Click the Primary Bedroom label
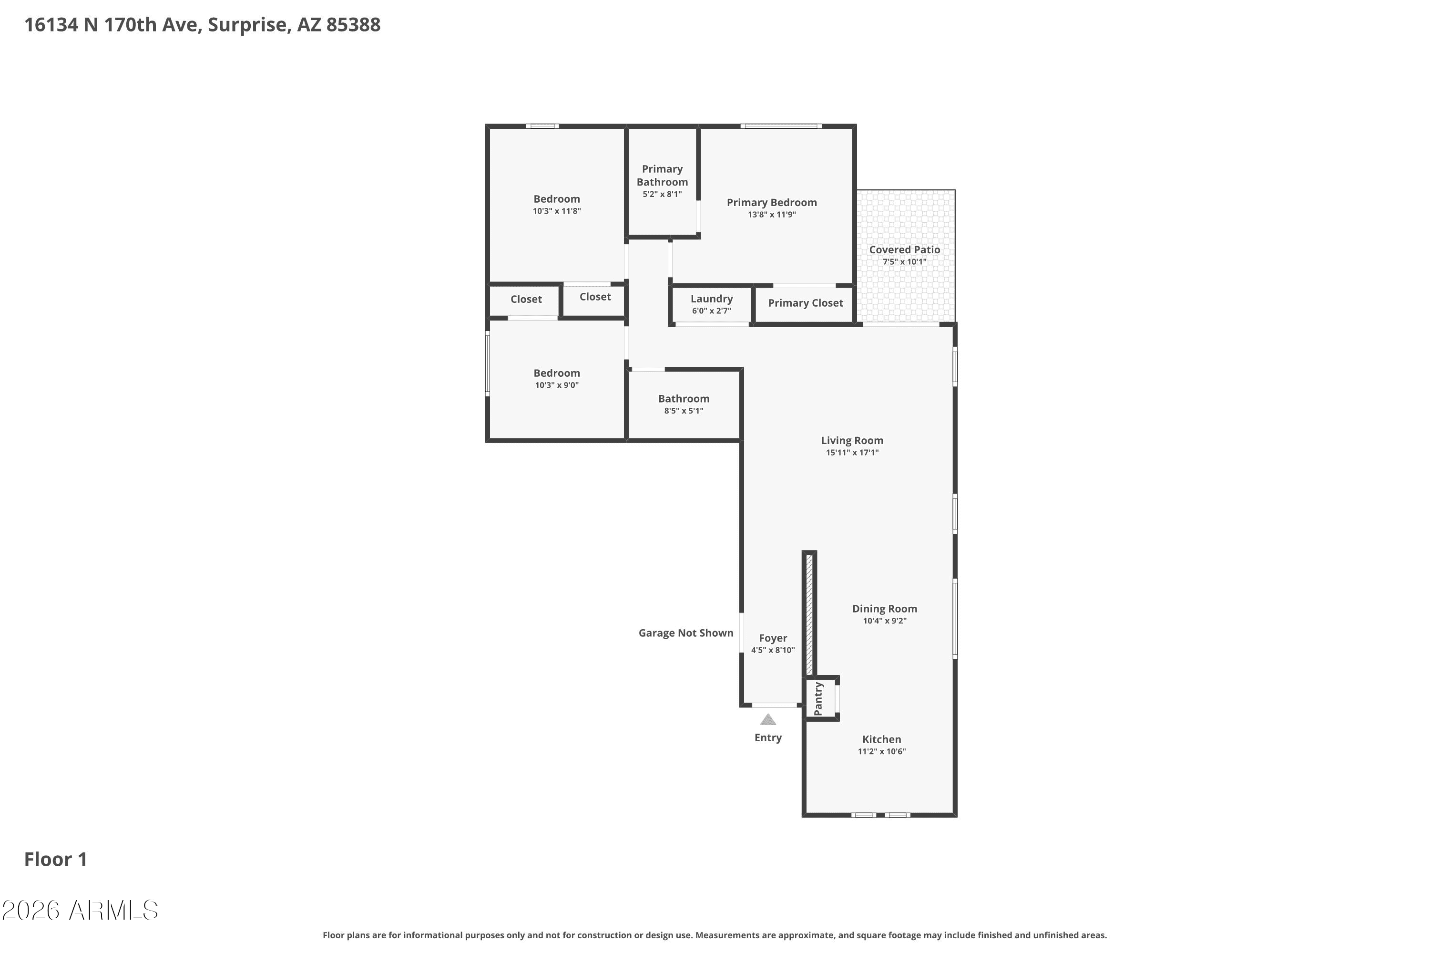(772, 203)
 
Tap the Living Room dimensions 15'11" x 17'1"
(852, 453)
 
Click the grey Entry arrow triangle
(768, 720)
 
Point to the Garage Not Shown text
(686, 633)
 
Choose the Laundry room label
(711, 299)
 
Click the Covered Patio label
(905, 249)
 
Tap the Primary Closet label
(806, 303)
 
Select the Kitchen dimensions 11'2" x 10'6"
(881, 751)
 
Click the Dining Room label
(885, 609)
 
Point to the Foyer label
(773, 638)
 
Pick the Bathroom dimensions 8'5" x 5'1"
(684, 411)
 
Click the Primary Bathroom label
(662, 175)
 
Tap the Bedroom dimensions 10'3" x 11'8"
(557, 211)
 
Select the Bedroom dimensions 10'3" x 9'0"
(557, 385)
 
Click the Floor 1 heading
(55, 859)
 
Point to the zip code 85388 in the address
(353, 25)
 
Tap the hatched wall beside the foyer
(809, 614)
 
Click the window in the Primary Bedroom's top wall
(781, 126)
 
